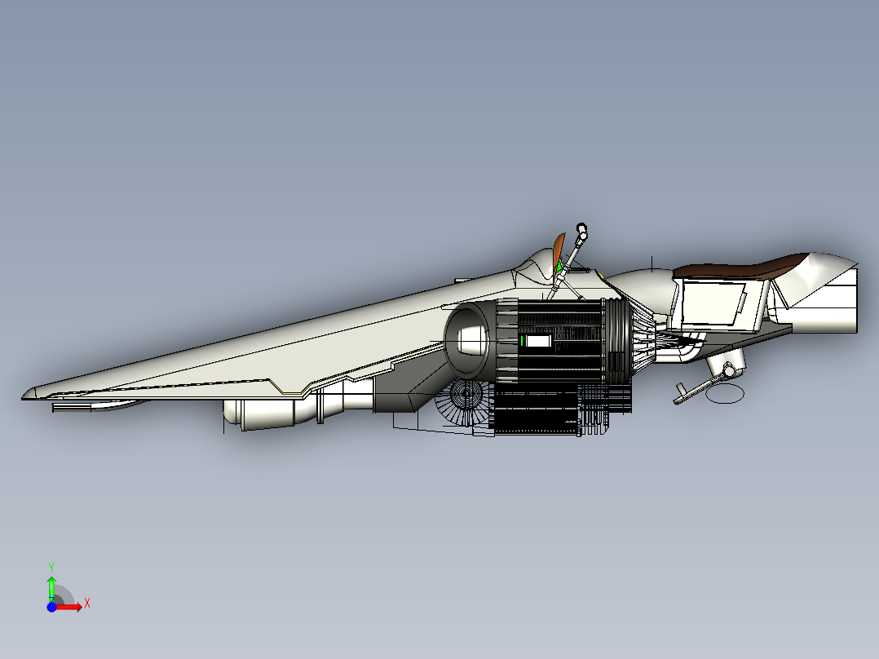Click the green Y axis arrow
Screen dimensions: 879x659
[51, 588]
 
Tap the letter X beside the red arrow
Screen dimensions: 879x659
[87, 604]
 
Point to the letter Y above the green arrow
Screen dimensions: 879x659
[51, 567]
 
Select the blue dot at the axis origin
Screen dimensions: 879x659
[51, 607]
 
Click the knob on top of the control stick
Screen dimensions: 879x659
[581, 228]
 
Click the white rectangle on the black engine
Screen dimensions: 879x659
[539, 341]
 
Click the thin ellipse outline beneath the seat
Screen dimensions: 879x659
[725, 394]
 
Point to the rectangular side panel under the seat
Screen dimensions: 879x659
[712, 303]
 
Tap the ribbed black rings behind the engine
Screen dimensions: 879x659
[616, 341]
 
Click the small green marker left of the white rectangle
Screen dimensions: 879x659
[522, 340]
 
